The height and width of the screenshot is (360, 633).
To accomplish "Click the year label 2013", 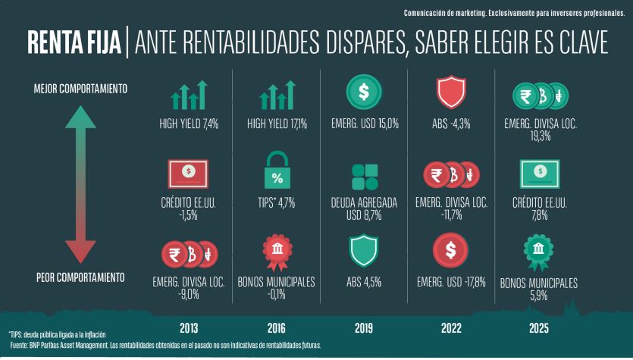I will (x=189, y=329).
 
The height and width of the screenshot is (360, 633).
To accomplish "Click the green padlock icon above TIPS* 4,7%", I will (x=277, y=172).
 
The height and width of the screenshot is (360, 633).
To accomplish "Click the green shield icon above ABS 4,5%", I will (x=364, y=252).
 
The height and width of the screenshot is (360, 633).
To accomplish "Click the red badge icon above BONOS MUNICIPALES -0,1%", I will (x=277, y=252).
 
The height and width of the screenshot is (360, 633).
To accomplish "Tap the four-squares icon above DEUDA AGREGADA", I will (x=365, y=177).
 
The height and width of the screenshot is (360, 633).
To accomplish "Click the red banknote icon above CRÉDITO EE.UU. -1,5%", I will (x=189, y=174).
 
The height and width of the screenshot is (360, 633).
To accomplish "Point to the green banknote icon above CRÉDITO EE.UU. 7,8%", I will (x=538, y=174).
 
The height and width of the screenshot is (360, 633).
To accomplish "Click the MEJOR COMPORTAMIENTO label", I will (x=80, y=89).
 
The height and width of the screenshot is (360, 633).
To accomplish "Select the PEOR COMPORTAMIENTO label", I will (x=80, y=277).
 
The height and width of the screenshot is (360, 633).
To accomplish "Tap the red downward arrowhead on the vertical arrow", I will (x=80, y=249).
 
